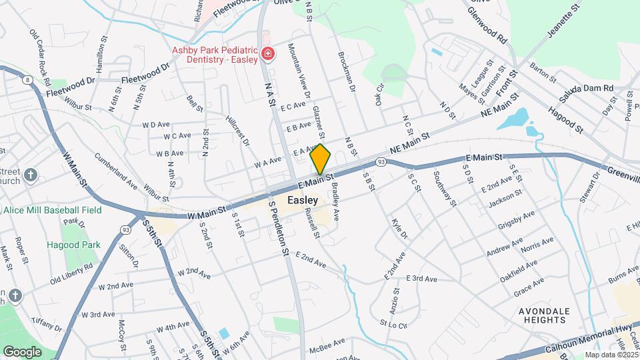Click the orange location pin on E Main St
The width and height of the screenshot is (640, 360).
point(321,159)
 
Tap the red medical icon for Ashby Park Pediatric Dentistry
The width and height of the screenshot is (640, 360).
point(267,53)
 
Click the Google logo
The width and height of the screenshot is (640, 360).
point(22,351)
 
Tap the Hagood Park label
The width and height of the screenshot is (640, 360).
point(73,245)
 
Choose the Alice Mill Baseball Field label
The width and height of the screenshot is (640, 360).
point(52,209)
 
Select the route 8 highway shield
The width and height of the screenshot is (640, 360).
point(27,80)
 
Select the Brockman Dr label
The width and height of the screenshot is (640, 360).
point(349,72)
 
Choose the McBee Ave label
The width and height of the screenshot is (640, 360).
point(329,342)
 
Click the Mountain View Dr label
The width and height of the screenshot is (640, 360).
point(298,71)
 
